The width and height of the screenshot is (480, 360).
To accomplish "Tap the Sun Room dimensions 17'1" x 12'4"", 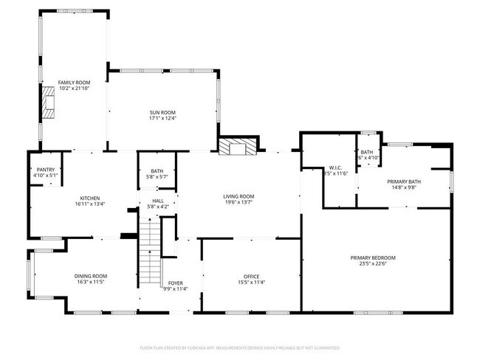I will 162,117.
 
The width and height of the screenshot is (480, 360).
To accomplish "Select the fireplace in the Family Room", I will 49,103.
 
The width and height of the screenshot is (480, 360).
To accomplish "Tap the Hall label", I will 157,201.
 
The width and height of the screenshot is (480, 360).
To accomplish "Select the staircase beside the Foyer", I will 151,255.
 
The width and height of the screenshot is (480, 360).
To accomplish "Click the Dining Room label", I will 91,276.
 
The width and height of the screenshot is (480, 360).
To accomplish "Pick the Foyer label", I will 176,283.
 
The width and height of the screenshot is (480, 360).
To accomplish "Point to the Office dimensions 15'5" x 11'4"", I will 251,282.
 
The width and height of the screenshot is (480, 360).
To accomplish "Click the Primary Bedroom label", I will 373,257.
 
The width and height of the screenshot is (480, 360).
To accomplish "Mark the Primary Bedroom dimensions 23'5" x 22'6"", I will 373,263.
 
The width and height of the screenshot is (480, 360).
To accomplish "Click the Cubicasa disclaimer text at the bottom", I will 239,347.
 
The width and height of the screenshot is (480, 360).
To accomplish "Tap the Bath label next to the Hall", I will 157,171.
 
